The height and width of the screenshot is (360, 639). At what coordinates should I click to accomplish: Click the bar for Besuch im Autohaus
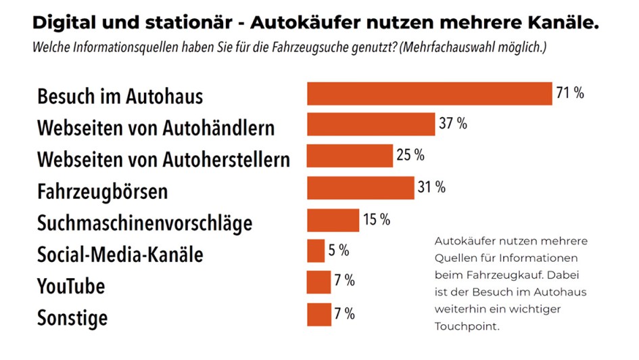(429, 93)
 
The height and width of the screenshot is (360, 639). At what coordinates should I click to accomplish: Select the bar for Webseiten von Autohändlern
(371, 125)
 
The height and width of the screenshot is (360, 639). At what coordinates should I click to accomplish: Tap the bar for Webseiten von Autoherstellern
(350, 156)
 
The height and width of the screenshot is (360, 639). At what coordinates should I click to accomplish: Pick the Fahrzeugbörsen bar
(360, 187)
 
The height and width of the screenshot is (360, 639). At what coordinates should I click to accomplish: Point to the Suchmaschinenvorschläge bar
(333, 220)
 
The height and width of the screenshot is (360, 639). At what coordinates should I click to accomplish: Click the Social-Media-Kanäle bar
(316, 251)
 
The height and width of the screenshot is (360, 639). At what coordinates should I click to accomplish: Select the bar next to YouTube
(318, 282)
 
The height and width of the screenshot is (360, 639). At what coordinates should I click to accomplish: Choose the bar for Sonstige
(318, 315)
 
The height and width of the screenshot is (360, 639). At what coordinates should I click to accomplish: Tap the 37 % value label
(452, 124)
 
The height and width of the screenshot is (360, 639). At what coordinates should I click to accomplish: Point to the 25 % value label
(410, 155)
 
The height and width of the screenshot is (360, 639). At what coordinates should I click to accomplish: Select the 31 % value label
(431, 187)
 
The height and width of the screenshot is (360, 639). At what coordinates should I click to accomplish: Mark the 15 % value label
(376, 219)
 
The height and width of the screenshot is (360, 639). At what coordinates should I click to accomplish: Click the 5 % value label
(338, 251)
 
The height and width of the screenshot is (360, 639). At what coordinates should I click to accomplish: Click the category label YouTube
(71, 286)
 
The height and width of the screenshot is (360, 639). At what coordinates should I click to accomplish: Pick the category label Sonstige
(72, 317)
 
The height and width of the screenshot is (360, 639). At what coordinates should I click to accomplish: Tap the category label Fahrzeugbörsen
(102, 192)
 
